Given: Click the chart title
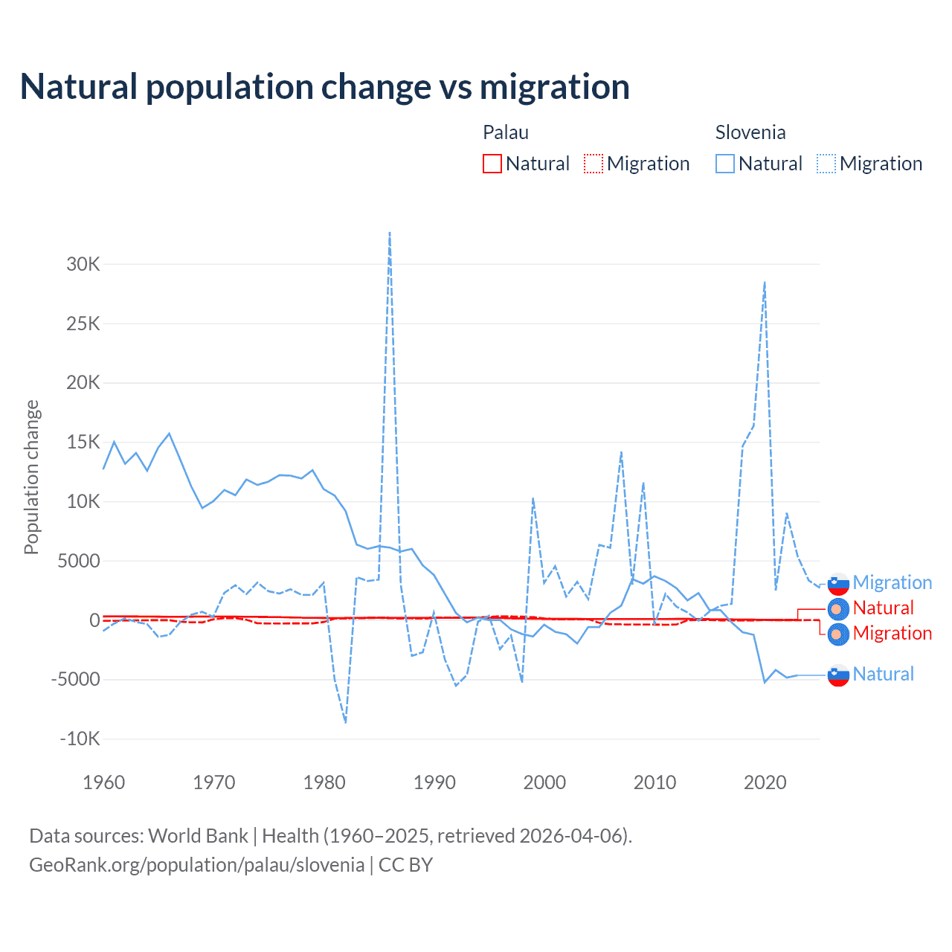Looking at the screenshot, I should (324, 87).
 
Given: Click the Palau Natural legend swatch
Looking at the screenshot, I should (492, 164).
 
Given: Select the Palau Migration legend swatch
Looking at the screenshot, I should (593, 164).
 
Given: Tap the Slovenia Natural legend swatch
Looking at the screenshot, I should (724, 164).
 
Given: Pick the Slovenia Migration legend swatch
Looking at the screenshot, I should (826, 164).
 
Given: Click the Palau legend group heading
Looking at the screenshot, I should (506, 132).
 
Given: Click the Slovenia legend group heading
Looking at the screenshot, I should (750, 132).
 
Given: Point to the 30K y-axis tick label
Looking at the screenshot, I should (83, 264).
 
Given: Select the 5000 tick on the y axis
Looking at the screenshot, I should (78, 561).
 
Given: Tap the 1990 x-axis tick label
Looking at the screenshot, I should (434, 782).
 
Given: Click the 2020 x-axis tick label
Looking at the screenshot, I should (765, 782).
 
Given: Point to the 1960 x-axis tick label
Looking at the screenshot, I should (104, 782).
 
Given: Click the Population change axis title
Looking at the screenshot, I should (31, 477).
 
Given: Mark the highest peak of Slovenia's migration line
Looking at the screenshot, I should (390, 233).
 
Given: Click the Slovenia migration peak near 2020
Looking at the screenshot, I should (765, 283).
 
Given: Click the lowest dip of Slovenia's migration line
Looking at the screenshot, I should (346, 721).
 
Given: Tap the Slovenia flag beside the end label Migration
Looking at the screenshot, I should (838, 584).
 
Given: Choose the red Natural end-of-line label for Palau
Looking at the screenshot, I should (883, 608).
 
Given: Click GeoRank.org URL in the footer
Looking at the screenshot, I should (196, 865).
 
